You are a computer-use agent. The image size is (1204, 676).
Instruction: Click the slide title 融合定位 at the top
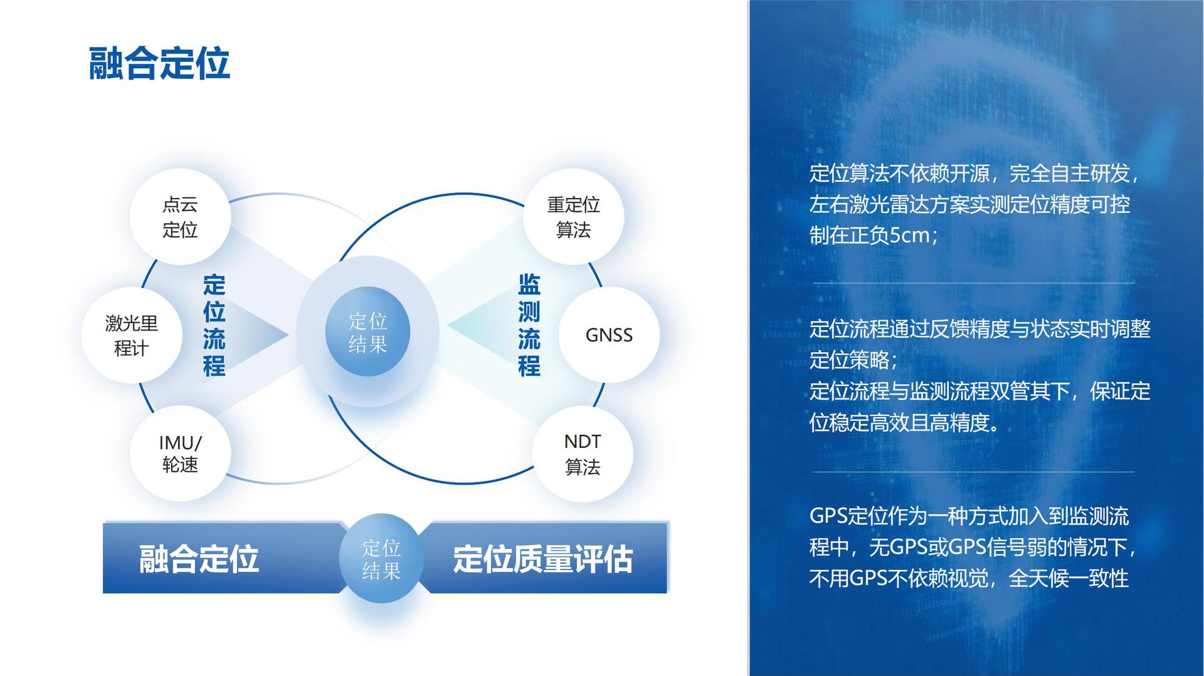coord(159,63)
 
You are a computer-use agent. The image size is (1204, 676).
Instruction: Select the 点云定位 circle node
coord(180,217)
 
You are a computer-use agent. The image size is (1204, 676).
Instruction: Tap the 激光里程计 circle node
coord(132,335)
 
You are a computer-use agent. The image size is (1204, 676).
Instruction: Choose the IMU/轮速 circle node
coord(180,453)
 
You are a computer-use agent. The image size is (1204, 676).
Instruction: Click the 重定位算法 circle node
coord(573,217)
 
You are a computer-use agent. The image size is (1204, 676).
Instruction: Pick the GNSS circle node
coord(609,335)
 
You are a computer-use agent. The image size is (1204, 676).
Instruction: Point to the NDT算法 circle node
coord(583,453)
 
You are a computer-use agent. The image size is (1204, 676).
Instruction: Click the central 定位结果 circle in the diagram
coord(367,332)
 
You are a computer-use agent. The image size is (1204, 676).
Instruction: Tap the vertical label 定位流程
coord(214,325)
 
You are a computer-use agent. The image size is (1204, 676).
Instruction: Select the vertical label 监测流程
coord(529,325)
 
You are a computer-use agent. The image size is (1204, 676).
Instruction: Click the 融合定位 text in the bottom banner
coord(199,559)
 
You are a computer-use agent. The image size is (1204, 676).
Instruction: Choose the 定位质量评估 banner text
coord(543,559)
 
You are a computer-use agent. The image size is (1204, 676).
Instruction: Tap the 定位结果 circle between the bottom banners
coord(381,558)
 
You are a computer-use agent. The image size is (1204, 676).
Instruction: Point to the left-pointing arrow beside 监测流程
coord(481,326)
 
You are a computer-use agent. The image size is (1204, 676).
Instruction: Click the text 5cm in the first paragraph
coord(910,236)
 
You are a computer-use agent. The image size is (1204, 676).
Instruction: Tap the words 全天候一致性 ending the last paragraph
coord(1069,578)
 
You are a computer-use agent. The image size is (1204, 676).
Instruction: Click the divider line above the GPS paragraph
coord(973,472)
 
